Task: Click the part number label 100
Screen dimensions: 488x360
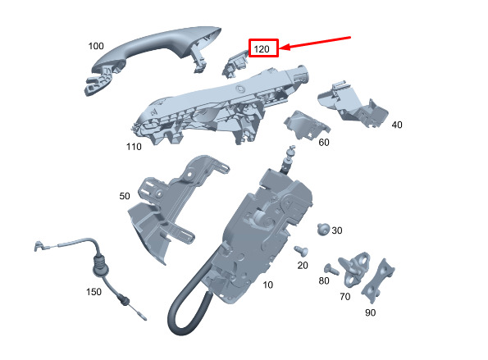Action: pos(96,46)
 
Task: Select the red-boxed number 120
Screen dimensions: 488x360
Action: pos(262,49)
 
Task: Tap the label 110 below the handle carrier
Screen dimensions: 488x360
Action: pos(134,147)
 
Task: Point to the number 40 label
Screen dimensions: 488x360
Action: pos(397,125)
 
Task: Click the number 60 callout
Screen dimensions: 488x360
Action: pos(324,143)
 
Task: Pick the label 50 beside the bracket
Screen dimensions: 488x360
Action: pos(125,196)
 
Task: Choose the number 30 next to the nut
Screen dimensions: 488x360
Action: pos(337,230)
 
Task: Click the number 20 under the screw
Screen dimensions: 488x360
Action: pos(303,266)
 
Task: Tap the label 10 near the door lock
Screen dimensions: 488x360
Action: pos(267,285)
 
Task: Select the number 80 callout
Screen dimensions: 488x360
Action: pos(324,281)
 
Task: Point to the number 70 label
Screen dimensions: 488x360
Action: pos(344,297)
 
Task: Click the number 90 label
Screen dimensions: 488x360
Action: pos(370,312)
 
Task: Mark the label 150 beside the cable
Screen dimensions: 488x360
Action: pos(93,292)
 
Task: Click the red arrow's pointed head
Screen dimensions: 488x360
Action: pos(280,48)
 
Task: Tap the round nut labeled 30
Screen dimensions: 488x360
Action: pos(323,230)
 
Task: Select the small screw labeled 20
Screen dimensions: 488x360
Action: pos(301,250)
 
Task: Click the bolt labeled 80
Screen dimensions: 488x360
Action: pos(331,270)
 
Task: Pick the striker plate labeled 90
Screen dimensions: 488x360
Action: pos(378,281)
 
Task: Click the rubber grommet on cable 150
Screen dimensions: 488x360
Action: pos(101,267)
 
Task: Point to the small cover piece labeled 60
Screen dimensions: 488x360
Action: pos(307,125)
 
